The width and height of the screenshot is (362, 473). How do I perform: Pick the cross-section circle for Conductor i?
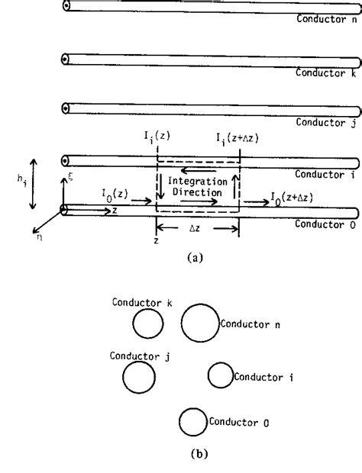220,375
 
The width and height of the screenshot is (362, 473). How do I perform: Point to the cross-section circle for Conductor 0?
192,422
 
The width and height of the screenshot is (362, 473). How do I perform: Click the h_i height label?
20,182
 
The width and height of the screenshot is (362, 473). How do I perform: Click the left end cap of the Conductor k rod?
66,60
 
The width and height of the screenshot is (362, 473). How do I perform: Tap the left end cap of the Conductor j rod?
66,108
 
